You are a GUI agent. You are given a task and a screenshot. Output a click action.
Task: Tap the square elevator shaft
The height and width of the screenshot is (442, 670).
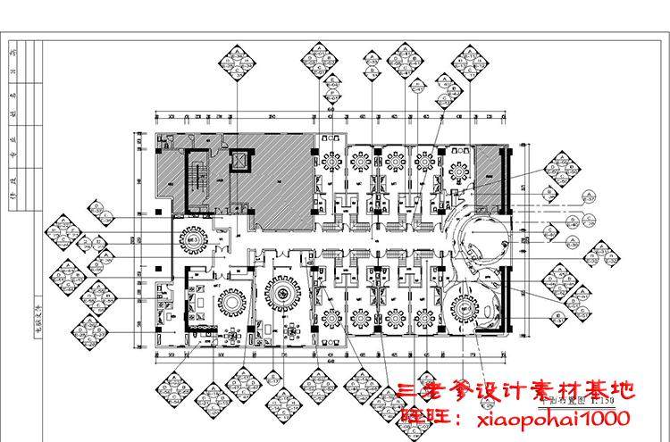tap(239, 160)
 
